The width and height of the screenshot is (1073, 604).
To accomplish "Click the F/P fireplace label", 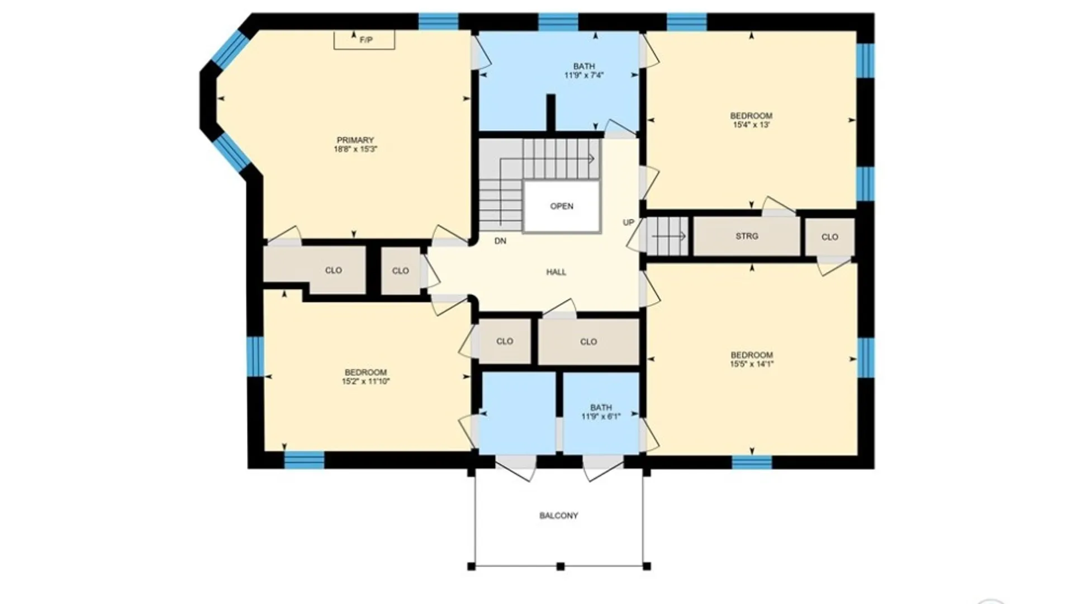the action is coord(366,40).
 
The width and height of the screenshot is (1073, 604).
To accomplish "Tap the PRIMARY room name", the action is coord(355,140).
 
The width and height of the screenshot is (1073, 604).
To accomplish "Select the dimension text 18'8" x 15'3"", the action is coord(355,149).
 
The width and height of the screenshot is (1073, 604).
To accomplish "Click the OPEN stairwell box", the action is coord(562,206).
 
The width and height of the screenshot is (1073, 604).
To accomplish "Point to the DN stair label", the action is coord(500,241).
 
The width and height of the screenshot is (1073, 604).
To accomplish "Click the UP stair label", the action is coord(629,223).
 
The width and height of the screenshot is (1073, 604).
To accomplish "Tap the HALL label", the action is coord(556,272).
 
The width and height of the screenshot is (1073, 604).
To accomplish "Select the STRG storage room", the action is coord(747,237).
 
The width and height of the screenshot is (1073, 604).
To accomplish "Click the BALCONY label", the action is coord(559,516).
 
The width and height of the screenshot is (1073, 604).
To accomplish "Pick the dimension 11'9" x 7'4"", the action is coord(584,75).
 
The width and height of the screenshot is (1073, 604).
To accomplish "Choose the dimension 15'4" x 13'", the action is coord(752,125).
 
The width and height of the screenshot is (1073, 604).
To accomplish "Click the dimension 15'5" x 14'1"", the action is coord(752,364).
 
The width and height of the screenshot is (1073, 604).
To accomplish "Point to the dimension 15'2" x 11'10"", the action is coord(366,382).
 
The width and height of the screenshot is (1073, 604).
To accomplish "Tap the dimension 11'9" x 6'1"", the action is coord(601,417).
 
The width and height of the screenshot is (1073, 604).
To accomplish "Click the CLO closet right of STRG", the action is coord(830,237).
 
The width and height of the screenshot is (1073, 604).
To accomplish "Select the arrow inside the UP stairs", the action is coord(670,237).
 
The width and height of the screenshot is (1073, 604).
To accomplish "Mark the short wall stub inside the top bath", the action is coord(550,114).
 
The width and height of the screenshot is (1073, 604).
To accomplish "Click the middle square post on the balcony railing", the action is coord(561,567).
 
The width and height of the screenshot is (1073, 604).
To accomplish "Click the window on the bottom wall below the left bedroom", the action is coord(304,460).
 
